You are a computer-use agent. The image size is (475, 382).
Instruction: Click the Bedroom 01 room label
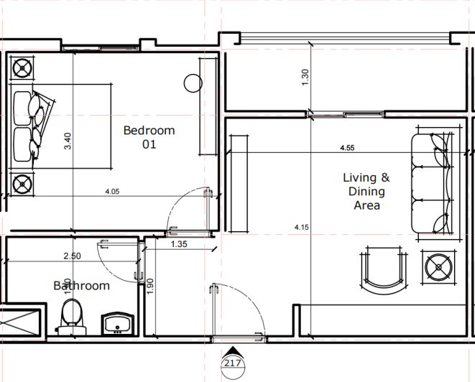[x=149, y=136]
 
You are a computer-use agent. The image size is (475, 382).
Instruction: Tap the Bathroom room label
[x=82, y=286]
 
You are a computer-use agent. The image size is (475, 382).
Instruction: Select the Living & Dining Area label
[x=366, y=191]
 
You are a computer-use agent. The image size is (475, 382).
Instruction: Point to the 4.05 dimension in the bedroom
[x=113, y=192]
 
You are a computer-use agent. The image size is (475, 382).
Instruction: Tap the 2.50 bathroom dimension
[x=73, y=256]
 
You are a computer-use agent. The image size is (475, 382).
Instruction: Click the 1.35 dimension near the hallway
[x=179, y=245]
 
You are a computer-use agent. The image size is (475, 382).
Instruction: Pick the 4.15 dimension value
[x=302, y=228]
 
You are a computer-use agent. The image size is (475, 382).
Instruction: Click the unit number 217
[x=232, y=363]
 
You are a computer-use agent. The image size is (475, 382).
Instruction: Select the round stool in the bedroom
[x=193, y=83]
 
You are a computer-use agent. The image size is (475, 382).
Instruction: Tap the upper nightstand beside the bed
[x=23, y=70]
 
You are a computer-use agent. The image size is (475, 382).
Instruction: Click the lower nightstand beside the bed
[x=23, y=184]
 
